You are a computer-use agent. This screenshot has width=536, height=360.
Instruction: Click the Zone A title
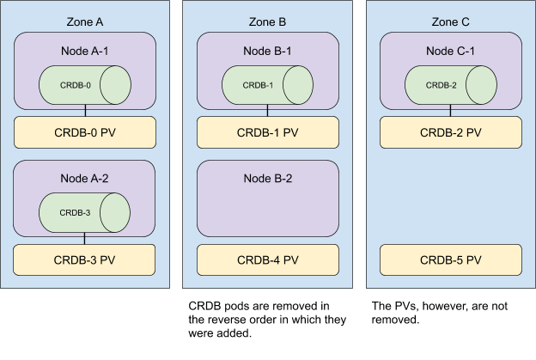coord(84,21)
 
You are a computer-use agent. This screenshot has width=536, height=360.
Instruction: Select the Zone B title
coord(267,21)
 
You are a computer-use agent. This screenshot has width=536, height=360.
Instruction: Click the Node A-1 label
coord(84,52)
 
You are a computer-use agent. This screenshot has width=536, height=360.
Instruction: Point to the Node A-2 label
coord(84,179)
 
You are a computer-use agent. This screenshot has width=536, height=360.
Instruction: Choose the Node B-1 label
coord(267,52)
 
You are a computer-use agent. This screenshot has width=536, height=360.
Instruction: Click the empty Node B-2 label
coord(267,179)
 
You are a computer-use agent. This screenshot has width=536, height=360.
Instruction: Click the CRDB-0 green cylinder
coord(84,85)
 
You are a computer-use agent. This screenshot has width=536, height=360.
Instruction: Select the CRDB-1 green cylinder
coord(267,85)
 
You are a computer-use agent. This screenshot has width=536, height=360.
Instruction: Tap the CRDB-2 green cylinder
coord(450,85)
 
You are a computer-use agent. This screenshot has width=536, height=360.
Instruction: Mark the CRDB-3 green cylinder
coord(84,212)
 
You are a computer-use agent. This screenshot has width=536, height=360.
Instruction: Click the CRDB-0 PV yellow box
coord(84,133)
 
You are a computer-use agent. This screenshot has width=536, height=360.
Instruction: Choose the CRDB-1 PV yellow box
coord(267,133)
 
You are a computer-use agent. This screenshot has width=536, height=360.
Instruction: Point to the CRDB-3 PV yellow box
coord(84,259)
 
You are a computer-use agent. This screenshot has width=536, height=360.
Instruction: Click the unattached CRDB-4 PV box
coord(267,259)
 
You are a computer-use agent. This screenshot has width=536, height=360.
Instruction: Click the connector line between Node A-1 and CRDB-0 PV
coord(84,113)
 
